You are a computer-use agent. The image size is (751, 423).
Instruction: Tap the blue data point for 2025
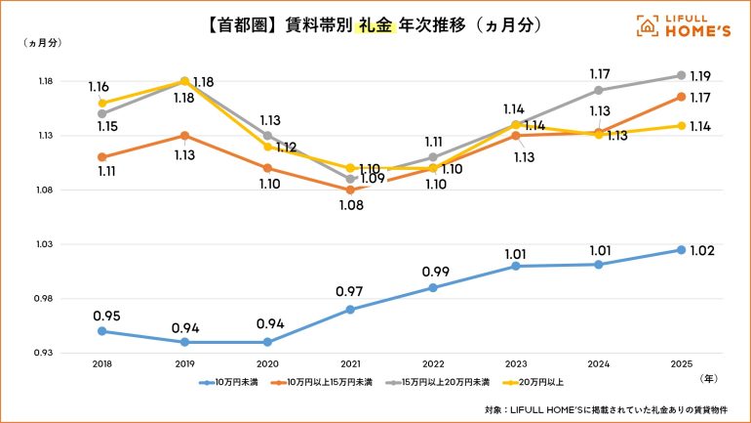click(681, 250)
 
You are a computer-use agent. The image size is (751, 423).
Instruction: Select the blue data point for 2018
click(102, 331)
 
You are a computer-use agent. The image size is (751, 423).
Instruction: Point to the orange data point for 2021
click(350, 190)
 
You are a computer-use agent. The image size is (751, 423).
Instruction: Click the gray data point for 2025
click(681, 75)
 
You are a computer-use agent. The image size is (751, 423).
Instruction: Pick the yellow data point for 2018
click(102, 103)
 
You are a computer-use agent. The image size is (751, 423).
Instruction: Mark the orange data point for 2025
click(681, 96)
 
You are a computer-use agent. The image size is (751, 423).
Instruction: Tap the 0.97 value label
click(350, 291)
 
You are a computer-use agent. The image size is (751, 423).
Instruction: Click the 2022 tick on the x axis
click(433, 362)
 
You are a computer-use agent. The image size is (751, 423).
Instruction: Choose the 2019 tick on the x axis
click(185, 362)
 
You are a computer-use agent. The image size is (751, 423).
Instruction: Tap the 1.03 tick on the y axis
click(44, 244)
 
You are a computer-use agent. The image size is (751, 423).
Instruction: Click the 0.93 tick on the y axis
click(44, 353)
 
